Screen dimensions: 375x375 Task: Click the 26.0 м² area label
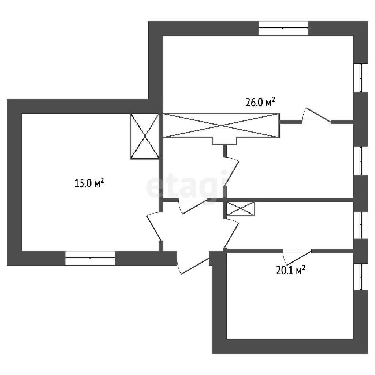(260, 102)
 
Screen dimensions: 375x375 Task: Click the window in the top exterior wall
(283, 28)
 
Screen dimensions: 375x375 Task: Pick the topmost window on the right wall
(363, 78)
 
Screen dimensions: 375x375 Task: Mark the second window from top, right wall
(363, 161)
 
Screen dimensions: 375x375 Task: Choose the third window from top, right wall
(363, 225)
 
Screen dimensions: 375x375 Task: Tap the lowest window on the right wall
(363, 277)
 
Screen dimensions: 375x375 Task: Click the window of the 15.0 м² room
(90, 258)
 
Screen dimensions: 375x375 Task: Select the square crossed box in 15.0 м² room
(145, 136)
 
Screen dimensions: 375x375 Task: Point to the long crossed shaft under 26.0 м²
(220, 126)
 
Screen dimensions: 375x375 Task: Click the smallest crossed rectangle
(240, 209)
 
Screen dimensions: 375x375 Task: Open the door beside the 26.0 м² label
(317, 116)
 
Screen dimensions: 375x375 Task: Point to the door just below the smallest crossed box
(231, 234)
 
